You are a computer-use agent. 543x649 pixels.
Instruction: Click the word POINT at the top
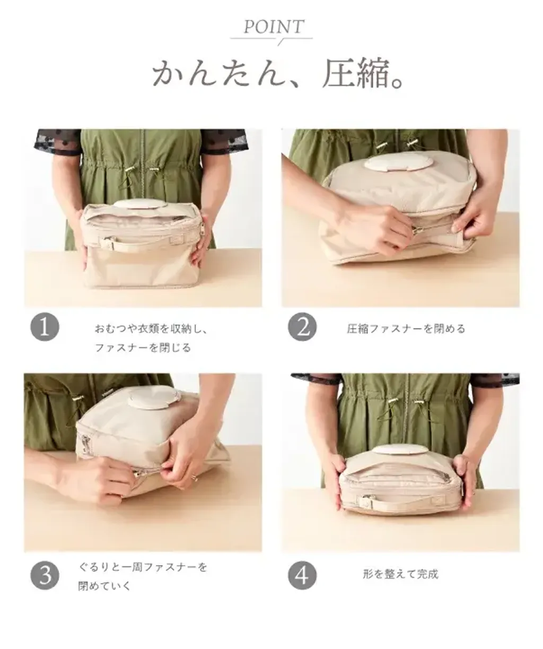pos(274,27)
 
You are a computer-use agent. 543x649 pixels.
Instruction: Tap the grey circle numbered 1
pos(45,327)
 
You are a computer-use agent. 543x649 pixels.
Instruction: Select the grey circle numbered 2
pos(302,327)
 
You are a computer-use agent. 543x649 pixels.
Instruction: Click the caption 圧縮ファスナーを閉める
pos(406,328)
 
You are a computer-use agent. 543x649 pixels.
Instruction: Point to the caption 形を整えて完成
pos(400,574)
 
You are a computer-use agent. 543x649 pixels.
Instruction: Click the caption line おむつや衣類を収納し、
pos(151,328)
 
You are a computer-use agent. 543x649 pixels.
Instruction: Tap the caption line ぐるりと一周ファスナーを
pos(143,567)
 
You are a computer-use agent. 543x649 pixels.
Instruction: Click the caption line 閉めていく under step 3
pos(104,586)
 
